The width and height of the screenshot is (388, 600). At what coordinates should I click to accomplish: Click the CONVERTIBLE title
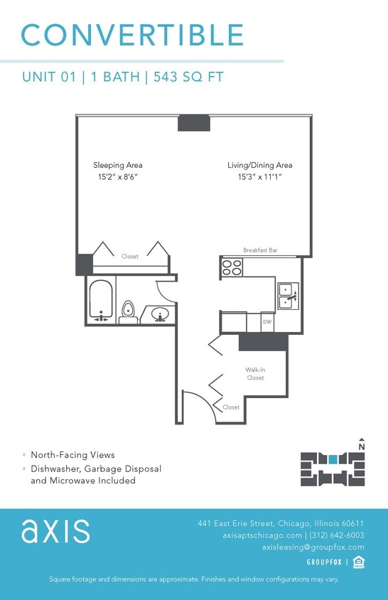tap(132, 35)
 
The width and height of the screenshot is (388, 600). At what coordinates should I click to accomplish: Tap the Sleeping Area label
tap(118, 165)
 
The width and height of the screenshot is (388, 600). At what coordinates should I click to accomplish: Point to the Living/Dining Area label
tap(259, 165)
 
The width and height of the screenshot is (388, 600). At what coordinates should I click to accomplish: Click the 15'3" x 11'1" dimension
tap(259, 176)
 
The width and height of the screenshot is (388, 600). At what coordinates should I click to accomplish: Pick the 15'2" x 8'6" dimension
tap(118, 176)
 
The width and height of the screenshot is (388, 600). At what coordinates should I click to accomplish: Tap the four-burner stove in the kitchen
tap(232, 267)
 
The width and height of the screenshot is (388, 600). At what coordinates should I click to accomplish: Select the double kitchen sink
tap(288, 296)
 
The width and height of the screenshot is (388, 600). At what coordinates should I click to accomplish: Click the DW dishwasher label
tap(267, 322)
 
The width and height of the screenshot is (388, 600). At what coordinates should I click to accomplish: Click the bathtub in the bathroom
tap(100, 301)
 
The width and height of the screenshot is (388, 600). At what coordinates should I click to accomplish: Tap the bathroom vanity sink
tap(159, 314)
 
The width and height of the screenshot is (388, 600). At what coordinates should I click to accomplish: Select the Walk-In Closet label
tap(255, 374)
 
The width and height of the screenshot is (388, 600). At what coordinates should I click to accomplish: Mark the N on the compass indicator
tap(362, 446)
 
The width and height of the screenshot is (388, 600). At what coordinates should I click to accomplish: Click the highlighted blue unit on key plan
tap(333, 459)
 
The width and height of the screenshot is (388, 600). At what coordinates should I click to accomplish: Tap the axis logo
tap(55, 531)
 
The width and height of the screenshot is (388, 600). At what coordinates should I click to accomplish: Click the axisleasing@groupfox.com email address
tap(313, 547)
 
